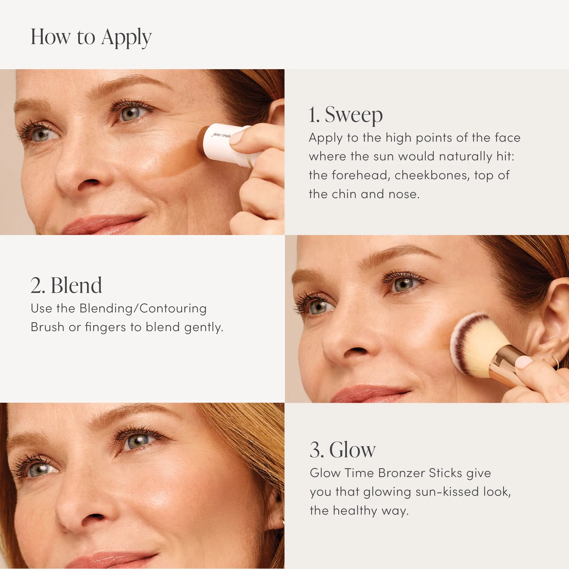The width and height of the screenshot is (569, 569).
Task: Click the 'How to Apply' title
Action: click(91, 37)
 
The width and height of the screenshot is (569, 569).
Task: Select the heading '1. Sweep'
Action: click(345, 115)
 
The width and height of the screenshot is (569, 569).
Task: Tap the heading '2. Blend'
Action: click(66, 285)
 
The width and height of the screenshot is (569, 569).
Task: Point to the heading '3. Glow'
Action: click(343, 450)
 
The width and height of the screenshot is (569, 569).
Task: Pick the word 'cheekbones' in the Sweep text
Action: click(432, 175)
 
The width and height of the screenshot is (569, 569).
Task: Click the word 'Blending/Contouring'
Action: click(143, 309)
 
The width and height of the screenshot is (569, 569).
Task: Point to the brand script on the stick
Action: click(221, 135)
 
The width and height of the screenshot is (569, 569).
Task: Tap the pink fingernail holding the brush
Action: click(524, 362)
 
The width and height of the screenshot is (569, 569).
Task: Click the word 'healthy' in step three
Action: click(355, 510)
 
